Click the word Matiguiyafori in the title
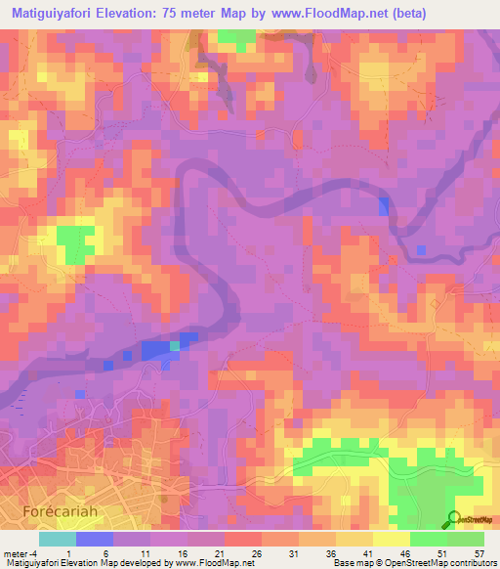(56, 13)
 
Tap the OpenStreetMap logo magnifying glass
(454, 519)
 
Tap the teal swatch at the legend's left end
(58, 539)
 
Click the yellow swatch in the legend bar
(391, 539)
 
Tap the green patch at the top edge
(233, 39)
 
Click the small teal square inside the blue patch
(175, 345)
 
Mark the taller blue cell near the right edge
(383, 205)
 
